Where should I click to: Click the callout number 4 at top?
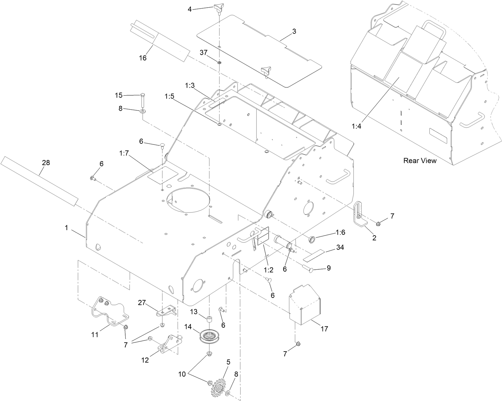(190, 9)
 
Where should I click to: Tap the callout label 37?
(203, 52)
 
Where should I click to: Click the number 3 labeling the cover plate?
(294, 31)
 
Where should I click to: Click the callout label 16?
(142, 58)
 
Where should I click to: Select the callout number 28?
(46, 163)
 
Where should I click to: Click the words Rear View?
(420, 160)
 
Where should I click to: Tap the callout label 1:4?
(356, 126)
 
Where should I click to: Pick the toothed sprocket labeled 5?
(219, 387)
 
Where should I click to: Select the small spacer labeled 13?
(209, 319)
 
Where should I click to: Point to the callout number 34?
(340, 247)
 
